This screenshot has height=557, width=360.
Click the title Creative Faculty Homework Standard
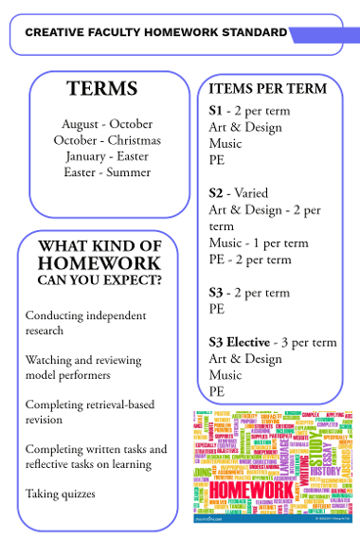155,32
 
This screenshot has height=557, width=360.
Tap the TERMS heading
102,90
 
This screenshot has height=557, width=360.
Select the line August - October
107,124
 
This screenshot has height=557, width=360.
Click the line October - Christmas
107,140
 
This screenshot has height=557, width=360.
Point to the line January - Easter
107,156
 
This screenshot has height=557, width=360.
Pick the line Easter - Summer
107,172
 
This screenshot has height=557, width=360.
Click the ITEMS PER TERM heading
268,89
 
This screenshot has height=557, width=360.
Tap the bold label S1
215,111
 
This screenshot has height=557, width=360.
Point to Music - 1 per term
259,243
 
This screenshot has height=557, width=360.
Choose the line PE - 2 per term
250,260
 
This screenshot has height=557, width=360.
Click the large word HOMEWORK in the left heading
99,263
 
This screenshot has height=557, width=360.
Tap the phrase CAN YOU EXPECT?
99,280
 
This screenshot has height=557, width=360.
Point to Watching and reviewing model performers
82,368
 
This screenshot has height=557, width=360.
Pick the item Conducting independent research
85,323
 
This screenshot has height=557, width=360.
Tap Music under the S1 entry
225,144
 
